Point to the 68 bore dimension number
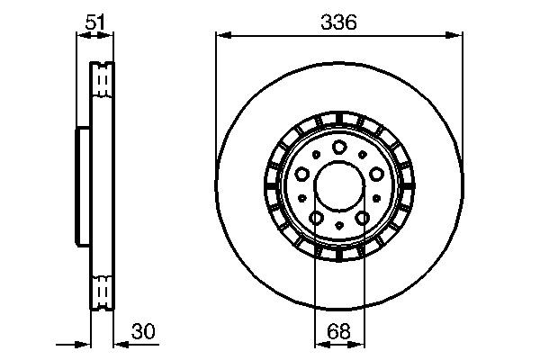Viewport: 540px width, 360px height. point(339,332)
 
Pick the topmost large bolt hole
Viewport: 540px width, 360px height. point(339,148)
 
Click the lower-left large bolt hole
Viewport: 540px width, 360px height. point(318,218)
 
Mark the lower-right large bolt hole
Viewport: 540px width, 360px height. point(361,218)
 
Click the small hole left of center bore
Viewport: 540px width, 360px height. point(303,198)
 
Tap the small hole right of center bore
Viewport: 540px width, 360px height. point(375,198)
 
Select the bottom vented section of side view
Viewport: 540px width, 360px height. point(103,291)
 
